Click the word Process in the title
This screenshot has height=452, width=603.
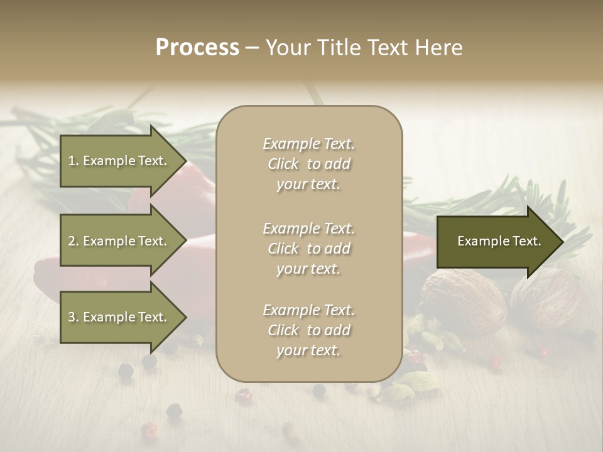(x=197, y=48)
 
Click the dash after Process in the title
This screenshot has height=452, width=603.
(x=253, y=48)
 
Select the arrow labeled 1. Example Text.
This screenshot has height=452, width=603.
(x=119, y=161)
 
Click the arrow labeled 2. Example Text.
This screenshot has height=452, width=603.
(x=119, y=241)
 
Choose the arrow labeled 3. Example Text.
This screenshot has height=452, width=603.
(x=119, y=317)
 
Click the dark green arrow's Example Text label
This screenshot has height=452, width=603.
(x=499, y=241)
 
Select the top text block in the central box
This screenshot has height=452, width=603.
(x=308, y=164)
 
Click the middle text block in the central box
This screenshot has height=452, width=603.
(x=308, y=249)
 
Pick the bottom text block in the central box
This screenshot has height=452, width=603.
(x=308, y=330)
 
